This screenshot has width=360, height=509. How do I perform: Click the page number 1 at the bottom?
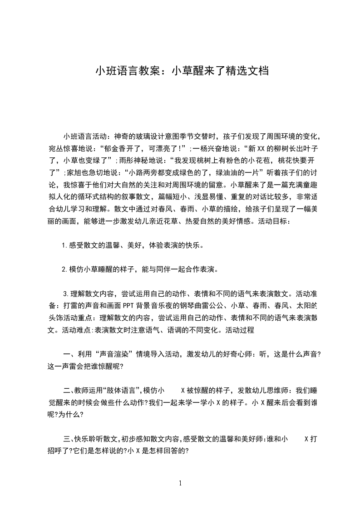[x=180, y=483]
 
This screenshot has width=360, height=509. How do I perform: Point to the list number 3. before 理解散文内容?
[x=66, y=292]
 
